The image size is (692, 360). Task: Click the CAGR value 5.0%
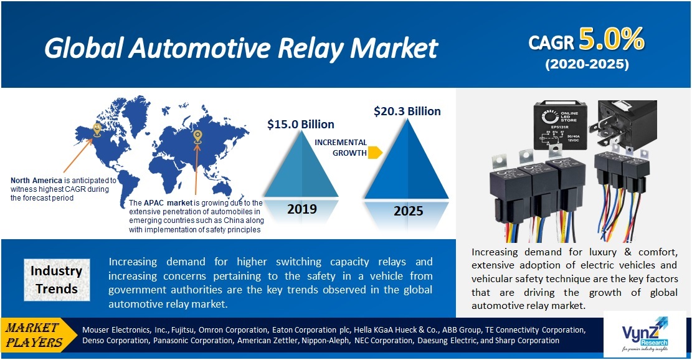(611, 40)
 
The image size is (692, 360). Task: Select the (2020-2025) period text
(587, 64)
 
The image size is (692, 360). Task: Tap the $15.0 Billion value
(300, 124)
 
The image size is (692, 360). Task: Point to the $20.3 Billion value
(407, 111)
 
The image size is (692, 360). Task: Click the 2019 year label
(303, 209)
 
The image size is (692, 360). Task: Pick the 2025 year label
(408, 211)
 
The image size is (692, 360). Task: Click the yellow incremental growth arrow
(375, 153)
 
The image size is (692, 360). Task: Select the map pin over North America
(97, 130)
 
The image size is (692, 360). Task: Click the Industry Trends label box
(57, 280)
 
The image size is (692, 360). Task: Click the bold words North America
(36, 181)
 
